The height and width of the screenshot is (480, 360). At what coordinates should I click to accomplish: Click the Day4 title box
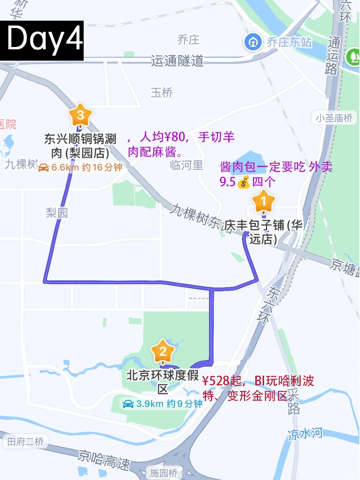pos(42,40)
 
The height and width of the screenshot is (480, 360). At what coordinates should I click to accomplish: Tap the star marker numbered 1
pos(263,201)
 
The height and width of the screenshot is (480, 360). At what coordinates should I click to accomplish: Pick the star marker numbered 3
pos(80,115)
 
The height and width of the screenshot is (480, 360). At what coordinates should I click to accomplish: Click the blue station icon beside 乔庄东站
pos(253,42)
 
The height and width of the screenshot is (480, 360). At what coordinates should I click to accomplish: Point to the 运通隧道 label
pos(177,61)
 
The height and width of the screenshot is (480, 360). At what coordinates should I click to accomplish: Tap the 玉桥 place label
pos(162,93)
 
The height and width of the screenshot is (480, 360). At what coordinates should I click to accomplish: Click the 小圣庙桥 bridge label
pos(334,118)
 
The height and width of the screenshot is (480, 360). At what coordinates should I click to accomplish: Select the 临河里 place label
pos(186,165)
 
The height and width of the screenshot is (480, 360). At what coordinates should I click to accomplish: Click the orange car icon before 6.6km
pos(44,167)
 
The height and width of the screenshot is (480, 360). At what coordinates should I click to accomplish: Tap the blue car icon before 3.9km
pos(128,404)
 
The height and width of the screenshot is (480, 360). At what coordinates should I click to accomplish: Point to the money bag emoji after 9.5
pos(244,182)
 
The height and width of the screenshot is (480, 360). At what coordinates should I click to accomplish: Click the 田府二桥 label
pos(26,442)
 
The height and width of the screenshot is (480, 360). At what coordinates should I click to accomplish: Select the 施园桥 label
pos(163,473)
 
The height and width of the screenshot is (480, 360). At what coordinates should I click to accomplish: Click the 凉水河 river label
pos(305,433)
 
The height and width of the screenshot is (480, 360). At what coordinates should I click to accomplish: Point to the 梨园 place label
pos(57,213)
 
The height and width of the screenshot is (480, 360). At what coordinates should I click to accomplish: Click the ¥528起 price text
pos(222,381)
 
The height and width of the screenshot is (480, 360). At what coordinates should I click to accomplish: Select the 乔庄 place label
pos(188,40)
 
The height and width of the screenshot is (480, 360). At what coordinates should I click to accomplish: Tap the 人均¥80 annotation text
pos(162,137)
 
